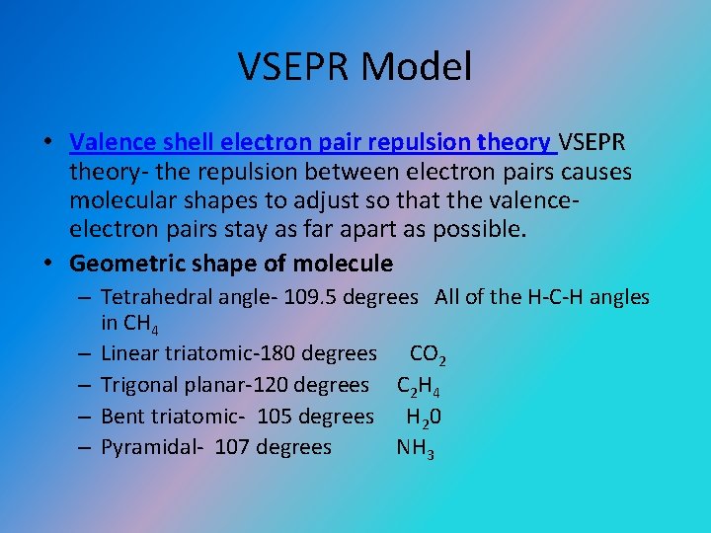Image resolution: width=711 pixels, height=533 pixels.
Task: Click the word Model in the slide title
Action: pyautogui.click(x=417, y=67)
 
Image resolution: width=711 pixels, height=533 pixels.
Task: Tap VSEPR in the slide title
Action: pyautogui.click(x=295, y=67)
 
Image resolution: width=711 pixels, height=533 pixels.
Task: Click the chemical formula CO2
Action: pyautogui.click(x=431, y=353)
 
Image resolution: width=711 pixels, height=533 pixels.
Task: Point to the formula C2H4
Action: pyautogui.click(x=419, y=386)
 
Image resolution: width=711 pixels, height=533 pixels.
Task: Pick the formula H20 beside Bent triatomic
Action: pyautogui.click(x=424, y=417)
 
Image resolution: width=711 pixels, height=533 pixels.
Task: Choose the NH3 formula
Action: pyautogui.click(x=416, y=448)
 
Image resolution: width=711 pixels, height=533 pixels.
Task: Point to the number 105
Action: pyautogui.click(x=276, y=417)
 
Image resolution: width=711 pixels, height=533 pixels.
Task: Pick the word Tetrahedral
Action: pyautogui.click(x=152, y=296)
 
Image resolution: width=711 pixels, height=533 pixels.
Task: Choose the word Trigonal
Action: pyautogui.click(x=137, y=385)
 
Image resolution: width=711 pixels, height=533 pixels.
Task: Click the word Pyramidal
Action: pyautogui.click(x=145, y=447)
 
